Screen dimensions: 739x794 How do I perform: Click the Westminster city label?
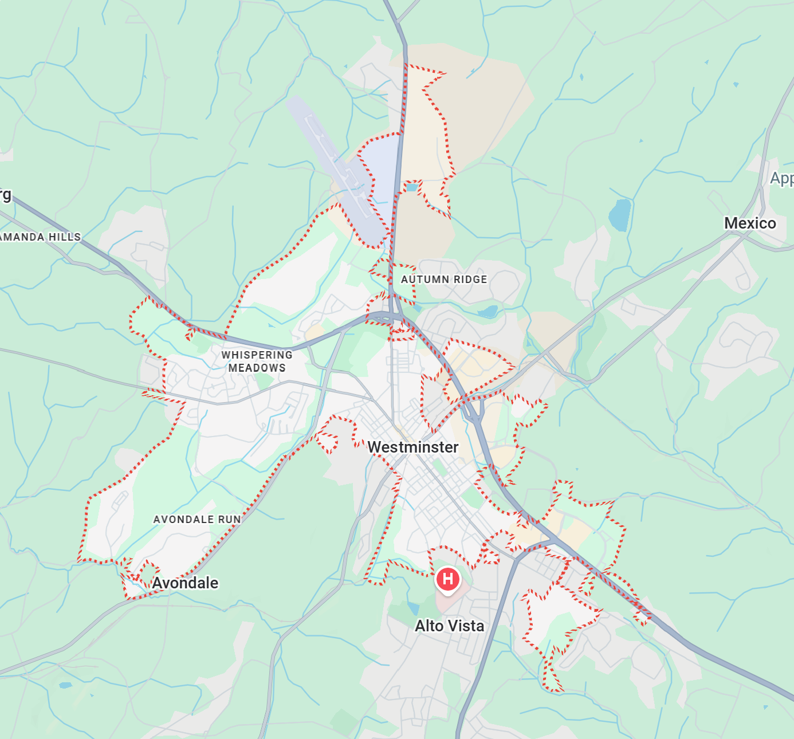(412, 447)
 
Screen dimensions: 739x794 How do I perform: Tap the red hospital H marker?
(448, 579)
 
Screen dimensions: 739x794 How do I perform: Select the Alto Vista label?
(449, 626)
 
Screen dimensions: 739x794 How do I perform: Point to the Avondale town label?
(185, 583)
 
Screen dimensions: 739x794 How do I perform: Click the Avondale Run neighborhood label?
(197, 520)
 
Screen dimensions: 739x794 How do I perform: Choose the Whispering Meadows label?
(257, 361)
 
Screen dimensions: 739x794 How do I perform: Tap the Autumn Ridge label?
(444, 280)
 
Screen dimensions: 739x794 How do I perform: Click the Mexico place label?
(750, 223)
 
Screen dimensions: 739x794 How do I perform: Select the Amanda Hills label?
(40, 237)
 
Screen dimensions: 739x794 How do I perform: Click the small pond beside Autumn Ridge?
(488, 312)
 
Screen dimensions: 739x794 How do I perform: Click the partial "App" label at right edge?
(782, 178)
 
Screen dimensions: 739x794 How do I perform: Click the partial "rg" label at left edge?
(5, 195)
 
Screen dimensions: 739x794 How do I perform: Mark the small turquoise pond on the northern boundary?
(412, 187)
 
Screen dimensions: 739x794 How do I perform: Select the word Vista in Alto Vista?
(466, 626)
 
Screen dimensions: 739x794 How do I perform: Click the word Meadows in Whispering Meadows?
(257, 368)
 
